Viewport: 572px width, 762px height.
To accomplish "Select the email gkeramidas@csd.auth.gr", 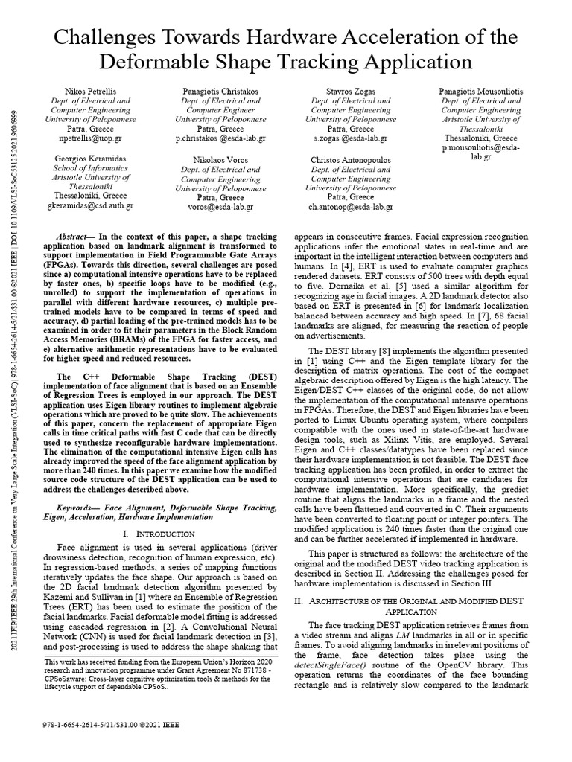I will coord(90,206).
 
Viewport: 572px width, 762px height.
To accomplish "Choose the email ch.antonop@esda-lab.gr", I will coord(350,208).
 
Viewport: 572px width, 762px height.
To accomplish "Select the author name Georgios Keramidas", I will coord(89,159).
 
